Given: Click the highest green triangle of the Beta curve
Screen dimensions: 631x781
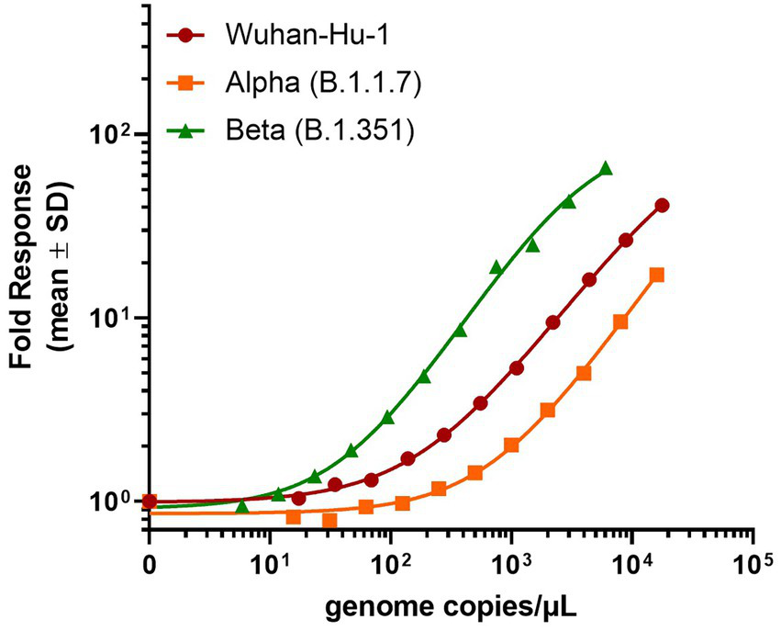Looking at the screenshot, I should click(x=605, y=169).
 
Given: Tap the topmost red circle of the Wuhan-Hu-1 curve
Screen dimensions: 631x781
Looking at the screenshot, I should click(x=662, y=206).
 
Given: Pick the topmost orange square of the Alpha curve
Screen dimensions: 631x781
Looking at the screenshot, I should click(x=656, y=275).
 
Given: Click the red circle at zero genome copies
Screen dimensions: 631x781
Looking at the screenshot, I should click(x=149, y=501).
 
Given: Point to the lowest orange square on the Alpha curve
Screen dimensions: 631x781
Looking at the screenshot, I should click(x=329, y=521).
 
